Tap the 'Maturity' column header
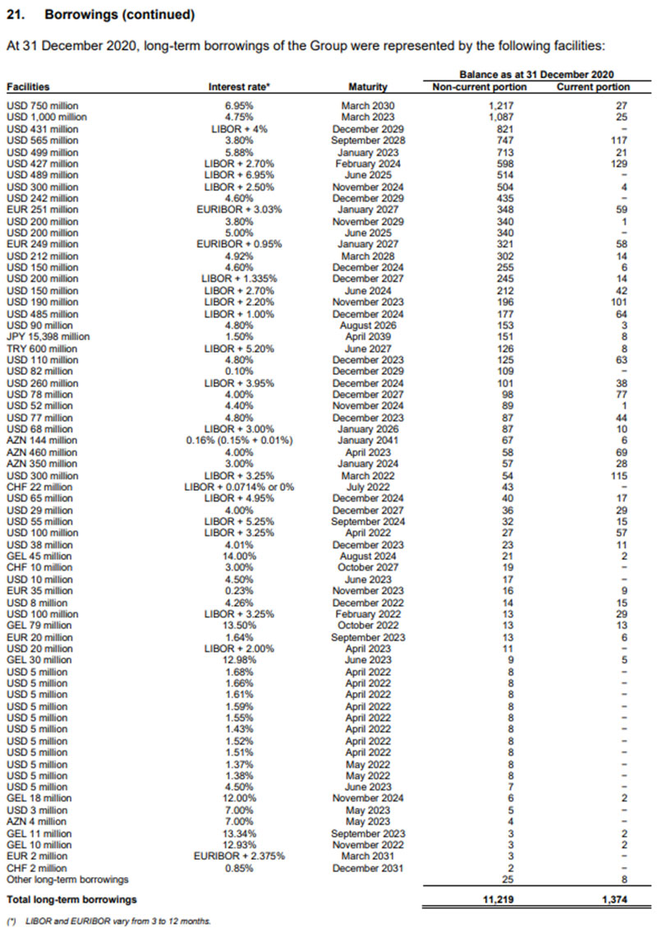point(369,87)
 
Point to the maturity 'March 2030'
point(368,107)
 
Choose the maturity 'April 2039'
point(368,336)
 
